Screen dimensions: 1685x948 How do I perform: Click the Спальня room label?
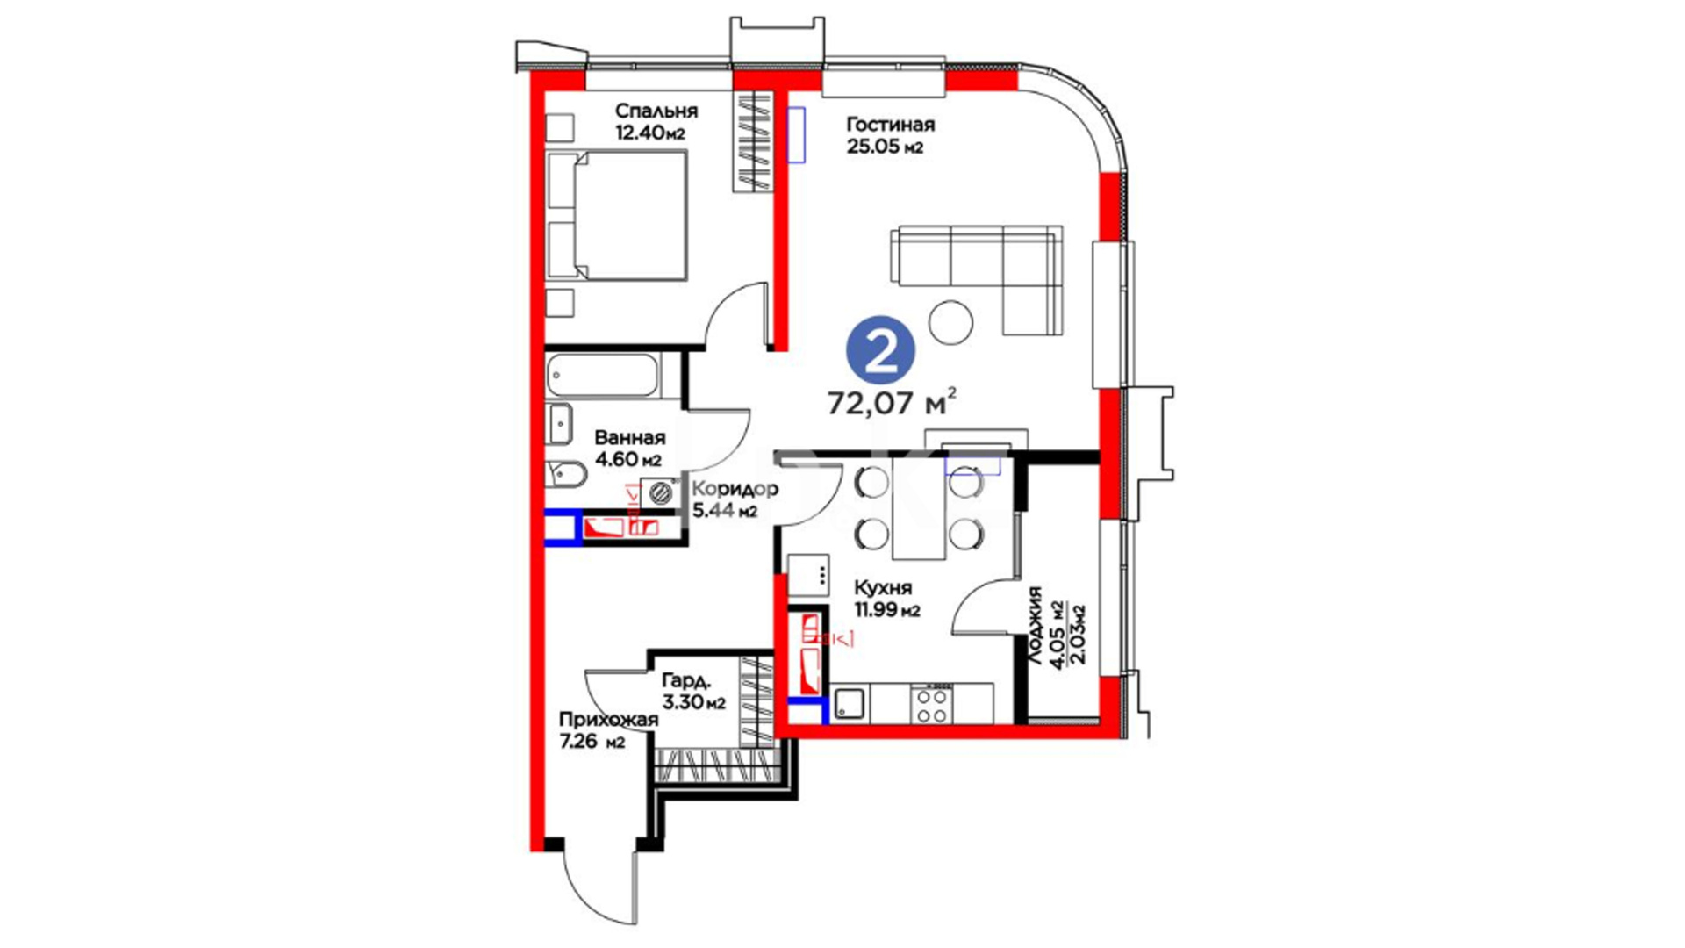pyautogui.click(x=656, y=111)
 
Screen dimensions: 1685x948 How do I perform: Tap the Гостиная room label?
pyautogui.click(x=890, y=125)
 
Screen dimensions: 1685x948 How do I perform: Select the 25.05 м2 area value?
pyautogui.click(x=885, y=147)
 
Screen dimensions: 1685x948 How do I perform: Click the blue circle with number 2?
pyautogui.click(x=880, y=351)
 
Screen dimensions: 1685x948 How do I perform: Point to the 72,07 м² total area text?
pyautogui.click(x=892, y=402)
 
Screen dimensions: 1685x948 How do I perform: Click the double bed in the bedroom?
pyautogui.click(x=616, y=215)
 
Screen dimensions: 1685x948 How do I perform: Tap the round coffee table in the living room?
pyautogui.click(x=951, y=322)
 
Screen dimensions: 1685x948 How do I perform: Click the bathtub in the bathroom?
pyautogui.click(x=602, y=376)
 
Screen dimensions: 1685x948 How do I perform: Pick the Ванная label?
pyautogui.click(x=629, y=437)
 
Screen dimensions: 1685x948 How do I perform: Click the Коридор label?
pyautogui.click(x=735, y=489)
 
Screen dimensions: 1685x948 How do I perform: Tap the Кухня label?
pyautogui.click(x=883, y=588)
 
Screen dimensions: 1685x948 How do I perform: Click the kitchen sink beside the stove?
pyautogui.click(x=849, y=703)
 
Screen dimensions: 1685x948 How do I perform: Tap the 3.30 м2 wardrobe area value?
pyautogui.click(x=693, y=702)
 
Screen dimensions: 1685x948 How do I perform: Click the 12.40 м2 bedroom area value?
pyautogui.click(x=649, y=133)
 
